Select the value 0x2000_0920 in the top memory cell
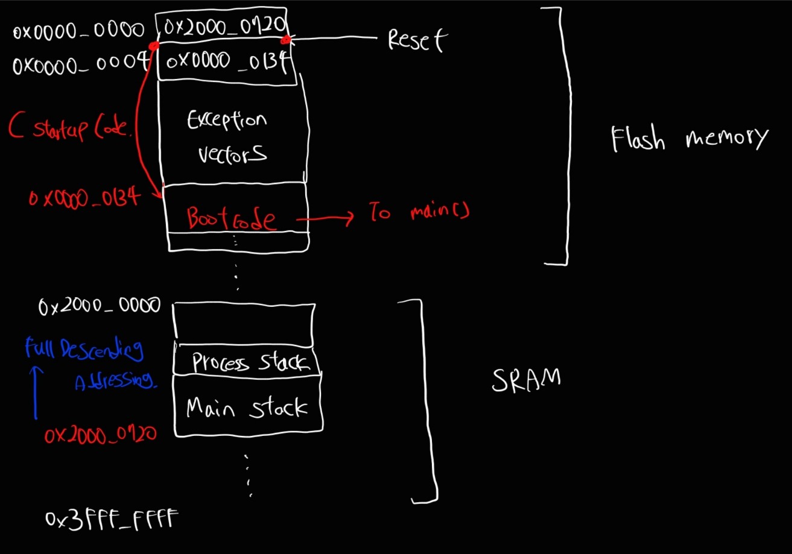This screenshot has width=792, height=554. coord(221,27)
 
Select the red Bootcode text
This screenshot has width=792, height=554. coord(232,219)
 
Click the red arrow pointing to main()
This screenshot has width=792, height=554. coord(326,218)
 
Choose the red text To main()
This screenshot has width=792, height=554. coord(419,213)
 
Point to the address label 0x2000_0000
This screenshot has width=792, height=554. coord(100,306)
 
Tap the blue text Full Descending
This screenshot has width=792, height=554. coord(84,348)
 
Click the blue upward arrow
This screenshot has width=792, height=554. coord(36,392)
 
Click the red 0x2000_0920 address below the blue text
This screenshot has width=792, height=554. coord(101,435)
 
